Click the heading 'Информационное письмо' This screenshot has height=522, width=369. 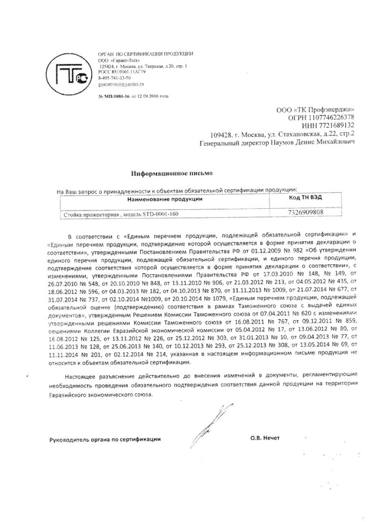(171, 173)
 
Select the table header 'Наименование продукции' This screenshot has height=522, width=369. (165, 199)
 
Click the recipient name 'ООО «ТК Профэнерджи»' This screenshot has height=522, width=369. (316, 109)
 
